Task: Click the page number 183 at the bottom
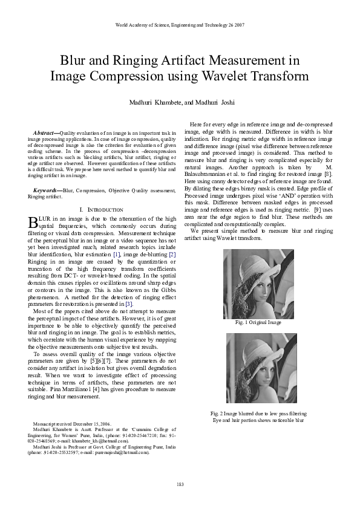click(x=180, y=484)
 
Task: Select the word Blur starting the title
click(x=73, y=60)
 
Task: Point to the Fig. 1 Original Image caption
click(x=258, y=323)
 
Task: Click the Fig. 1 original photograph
click(x=258, y=284)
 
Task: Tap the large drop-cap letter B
click(x=33, y=223)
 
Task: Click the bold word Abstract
click(x=45, y=132)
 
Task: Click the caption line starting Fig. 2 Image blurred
click(x=258, y=413)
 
